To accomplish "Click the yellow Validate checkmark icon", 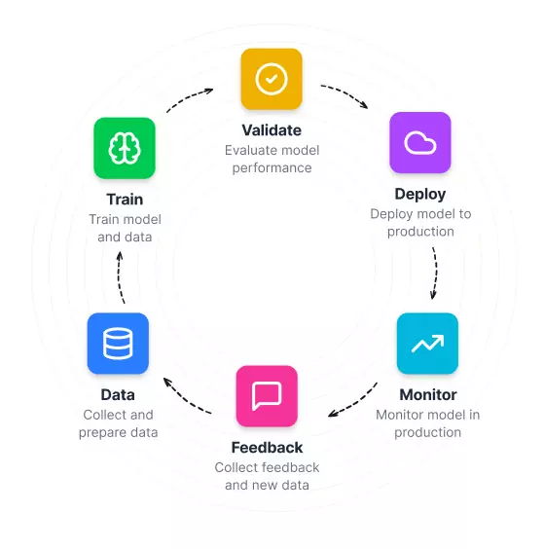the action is (x=272, y=79).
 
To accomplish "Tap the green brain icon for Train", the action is (x=125, y=148).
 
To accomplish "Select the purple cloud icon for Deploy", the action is (x=420, y=142).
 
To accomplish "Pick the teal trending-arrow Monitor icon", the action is (x=427, y=344).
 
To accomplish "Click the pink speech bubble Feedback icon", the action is (x=267, y=396).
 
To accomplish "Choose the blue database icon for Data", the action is (x=118, y=344).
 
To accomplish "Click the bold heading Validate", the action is (x=272, y=130).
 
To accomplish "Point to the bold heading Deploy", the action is (x=420, y=195).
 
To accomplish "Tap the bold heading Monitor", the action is (x=428, y=395).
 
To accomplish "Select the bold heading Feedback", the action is (x=267, y=448).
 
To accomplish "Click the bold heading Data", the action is (x=118, y=395).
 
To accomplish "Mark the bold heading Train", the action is (x=125, y=200).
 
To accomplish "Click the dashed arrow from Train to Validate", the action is (x=189, y=97).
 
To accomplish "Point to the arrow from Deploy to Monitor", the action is (x=436, y=274).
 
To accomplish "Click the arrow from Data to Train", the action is (x=119, y=277).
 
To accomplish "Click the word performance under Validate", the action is (x=272, y=168).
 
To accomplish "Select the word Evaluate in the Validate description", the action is (x=245, y=150).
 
